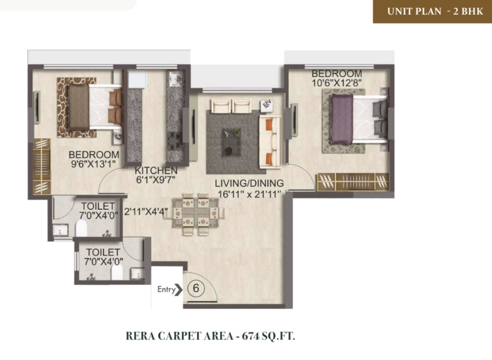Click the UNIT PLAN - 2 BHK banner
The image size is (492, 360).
433,11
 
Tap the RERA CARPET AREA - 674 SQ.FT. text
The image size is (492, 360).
210,336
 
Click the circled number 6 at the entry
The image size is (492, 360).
196,288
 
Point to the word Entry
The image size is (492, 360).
166,289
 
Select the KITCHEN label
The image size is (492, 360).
156,171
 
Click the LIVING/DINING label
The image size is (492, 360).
249,183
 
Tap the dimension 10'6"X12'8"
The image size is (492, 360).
337,83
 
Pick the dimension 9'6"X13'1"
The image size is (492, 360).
93,164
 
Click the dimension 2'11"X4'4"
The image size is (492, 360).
146,212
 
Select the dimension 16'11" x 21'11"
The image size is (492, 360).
249,194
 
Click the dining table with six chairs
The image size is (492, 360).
195,214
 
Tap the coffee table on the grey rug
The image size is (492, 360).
232,142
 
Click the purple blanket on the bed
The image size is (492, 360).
342,119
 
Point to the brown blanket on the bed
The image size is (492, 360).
79,107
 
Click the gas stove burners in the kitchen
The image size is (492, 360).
175,142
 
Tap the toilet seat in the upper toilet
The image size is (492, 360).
82,228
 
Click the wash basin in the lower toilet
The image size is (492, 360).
137,273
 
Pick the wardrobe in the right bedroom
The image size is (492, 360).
353,182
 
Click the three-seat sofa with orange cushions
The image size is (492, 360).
270,141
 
